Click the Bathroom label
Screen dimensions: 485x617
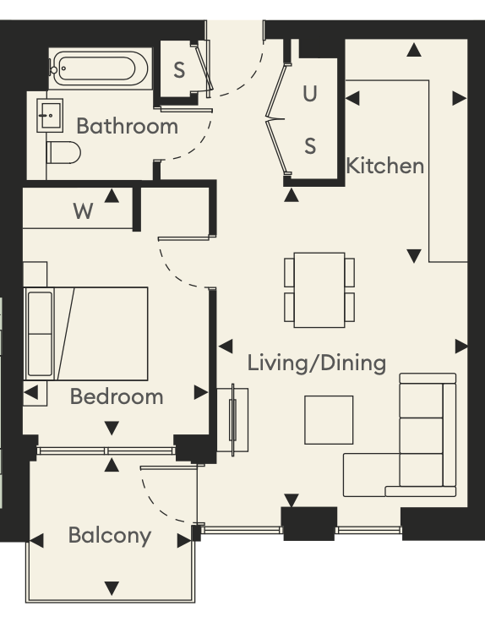point(127,126)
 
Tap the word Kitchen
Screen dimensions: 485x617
point(385,166)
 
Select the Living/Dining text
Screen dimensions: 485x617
point(317,363)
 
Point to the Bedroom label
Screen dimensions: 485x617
point(117,396)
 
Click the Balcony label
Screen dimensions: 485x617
point(110,536)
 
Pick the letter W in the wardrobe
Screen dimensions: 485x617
point(83,211)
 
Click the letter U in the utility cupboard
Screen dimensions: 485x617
point(310,94)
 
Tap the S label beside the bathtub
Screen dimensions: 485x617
point(179,70)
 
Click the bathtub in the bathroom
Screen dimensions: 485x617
point(100,68)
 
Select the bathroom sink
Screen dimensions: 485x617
point(50,116)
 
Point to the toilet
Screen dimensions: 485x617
point(63,153)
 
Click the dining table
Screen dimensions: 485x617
point(319,290)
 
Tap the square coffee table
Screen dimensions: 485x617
point(329,420)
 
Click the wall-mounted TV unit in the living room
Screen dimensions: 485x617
point(233,420)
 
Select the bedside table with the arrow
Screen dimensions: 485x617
point(35,393)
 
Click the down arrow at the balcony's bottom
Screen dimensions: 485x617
point(112,588)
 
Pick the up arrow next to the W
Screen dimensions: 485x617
point(112,195)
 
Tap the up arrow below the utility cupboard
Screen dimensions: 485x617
point(291,194)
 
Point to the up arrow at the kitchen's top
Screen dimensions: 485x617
point(414,50)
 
